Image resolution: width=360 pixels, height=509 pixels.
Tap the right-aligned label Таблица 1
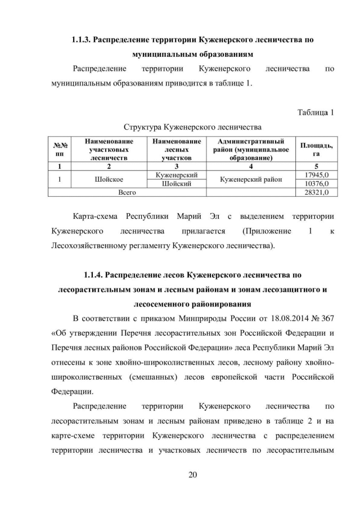[x=316, y=111]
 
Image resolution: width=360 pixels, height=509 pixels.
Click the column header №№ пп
[x=59, y=150]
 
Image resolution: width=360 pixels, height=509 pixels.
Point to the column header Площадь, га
[x=316, y=150]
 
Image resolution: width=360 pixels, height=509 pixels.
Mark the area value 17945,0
[x=316, y=175]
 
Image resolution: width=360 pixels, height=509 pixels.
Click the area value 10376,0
[x=316, y=183]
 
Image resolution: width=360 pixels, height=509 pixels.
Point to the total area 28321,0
[x=316, y=192]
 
